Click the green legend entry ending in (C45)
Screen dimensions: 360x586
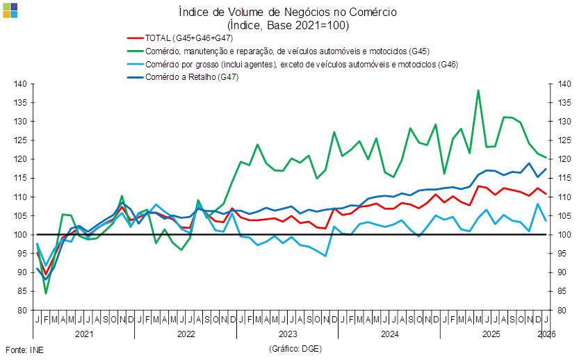tap(279, 51)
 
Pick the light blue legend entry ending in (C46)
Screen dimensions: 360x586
tap(293, 64)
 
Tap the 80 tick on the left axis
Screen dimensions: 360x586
tap(22, 310)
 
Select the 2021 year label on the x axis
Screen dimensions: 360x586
tap(83, 334)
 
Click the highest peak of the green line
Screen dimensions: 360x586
tap(478, 90)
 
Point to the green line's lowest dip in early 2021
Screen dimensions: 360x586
tap(46, 293)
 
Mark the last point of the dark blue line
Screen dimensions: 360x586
tap(546, 168)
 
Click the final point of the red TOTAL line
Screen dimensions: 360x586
tap(546, 194)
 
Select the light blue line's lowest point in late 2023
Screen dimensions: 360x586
tap(325, 256)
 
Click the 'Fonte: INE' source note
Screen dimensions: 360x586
tap(24, 349)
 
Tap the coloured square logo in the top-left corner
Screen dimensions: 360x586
tap(10, 10)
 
